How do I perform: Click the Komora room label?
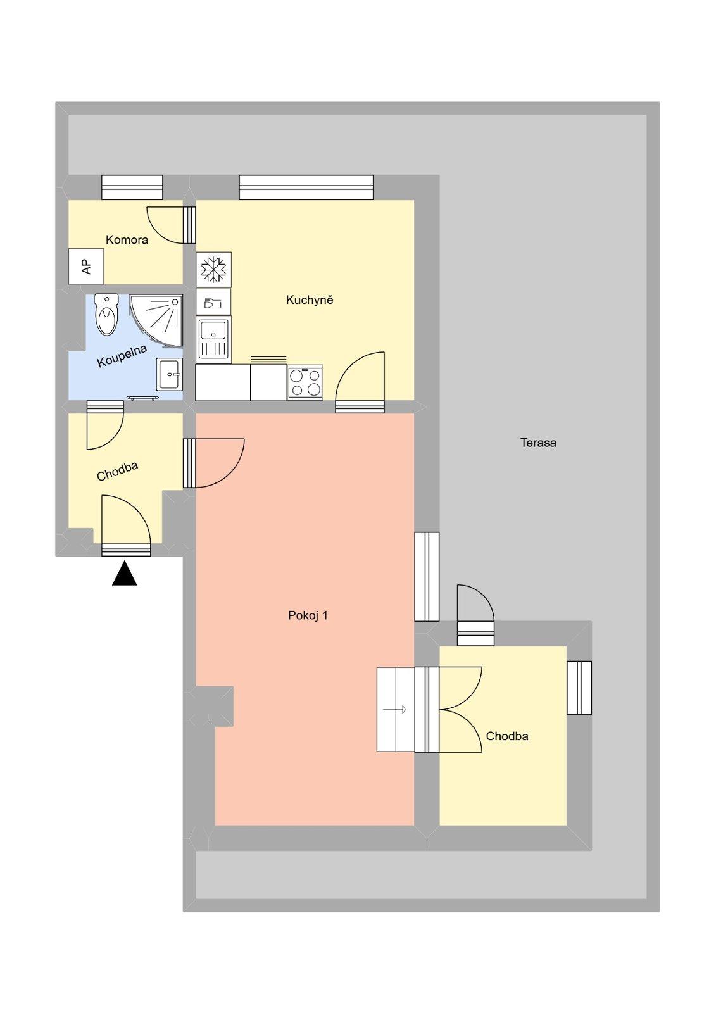click(127, 240)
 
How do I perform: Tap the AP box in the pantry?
click(86, 267)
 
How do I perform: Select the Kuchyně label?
click(309, 300)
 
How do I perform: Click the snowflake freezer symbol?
click(214, 268)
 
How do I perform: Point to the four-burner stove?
click(305, 382)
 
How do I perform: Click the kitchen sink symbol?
click(213, 339)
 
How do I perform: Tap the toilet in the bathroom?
click(106, 315)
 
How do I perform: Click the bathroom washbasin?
click(170, 374)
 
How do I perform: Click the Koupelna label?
click(122, 356)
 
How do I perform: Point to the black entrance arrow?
click(125, 574)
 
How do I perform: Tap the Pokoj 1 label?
click(308, 615)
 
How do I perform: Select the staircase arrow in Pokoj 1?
click(396, 710)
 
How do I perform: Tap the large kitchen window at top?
click(306, 187)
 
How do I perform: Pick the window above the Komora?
click(132, 187)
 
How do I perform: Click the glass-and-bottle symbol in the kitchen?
click(213, 303)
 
